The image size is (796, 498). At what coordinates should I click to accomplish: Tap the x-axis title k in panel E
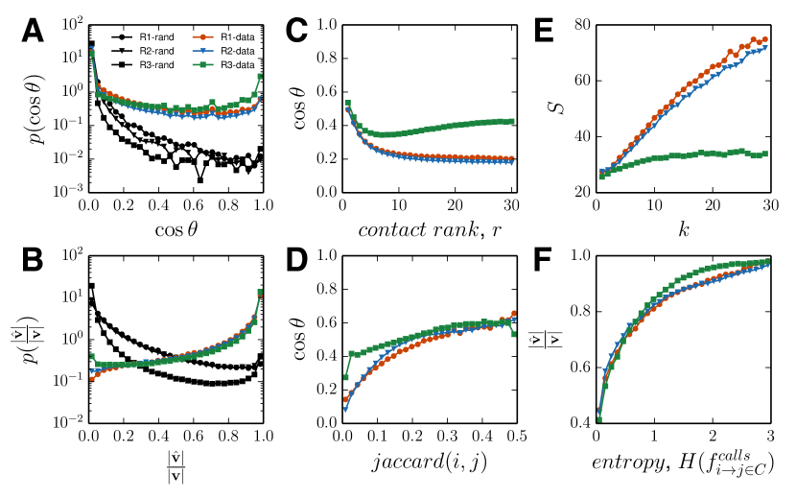tap(683, 231)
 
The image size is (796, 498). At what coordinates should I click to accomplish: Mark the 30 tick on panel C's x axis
tap(509, 208)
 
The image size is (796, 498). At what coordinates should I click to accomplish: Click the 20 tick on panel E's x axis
tap(711, 208)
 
